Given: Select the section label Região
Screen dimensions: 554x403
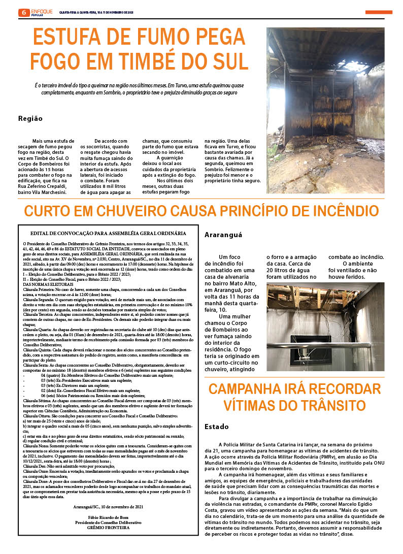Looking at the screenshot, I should pos(30,119).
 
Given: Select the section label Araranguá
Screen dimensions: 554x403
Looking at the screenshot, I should pos(223,235).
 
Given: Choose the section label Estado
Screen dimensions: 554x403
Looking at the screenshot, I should pos(217,427).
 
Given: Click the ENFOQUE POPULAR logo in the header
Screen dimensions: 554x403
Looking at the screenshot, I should pos(42,12).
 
